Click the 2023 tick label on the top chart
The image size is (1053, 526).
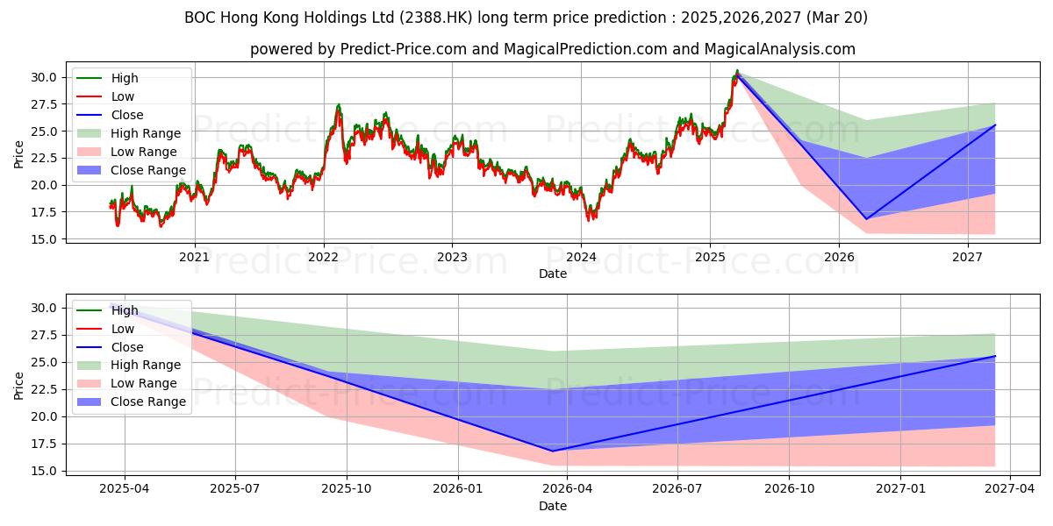(x=452, y=257)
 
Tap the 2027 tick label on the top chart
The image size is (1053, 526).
(x=968, y=257)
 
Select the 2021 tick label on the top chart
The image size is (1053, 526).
(x=194, y=257)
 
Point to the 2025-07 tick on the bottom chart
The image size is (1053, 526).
(x=236, y=489)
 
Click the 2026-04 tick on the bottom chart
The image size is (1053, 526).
(x=568, y=489)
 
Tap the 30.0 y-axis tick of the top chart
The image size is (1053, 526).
(x=43, y=77)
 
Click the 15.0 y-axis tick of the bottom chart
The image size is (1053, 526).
(x=43, y=471)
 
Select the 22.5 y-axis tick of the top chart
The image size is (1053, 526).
(x=43, y=158)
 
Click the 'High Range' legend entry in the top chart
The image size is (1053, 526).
(x=146, y=133)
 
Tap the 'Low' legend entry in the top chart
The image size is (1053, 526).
(x=123, y=96)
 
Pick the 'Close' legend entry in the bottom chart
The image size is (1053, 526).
(x=127, y=347)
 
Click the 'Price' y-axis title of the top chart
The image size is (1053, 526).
(x=19, y=154)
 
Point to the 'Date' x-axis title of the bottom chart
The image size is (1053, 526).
(x=553, y=506)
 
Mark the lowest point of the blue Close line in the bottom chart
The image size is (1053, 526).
(x=552, y=451)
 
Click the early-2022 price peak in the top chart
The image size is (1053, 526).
(x=339, y=105)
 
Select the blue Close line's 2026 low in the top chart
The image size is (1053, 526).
(x=866, y=219)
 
